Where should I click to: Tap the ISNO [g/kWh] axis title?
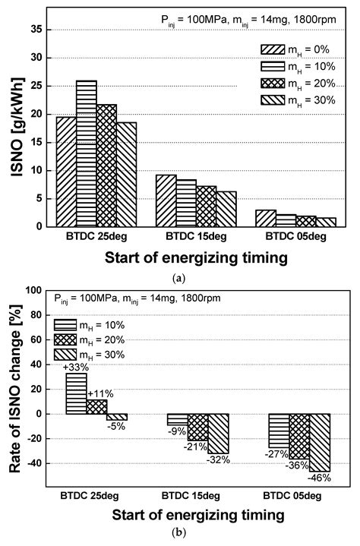coord(17,120)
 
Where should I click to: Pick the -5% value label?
coord(116,426)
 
